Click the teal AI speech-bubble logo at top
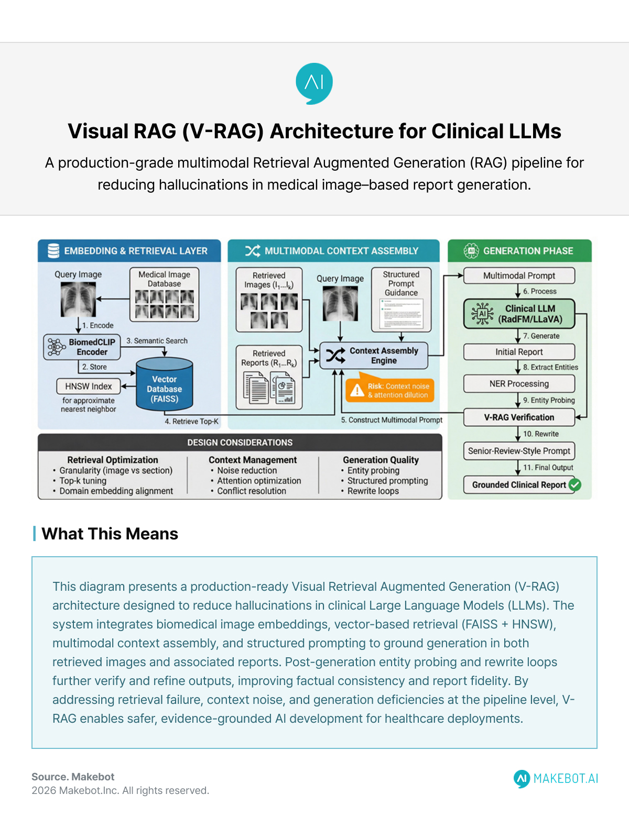pos(314,83)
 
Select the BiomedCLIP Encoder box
pos(82,347)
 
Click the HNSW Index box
pos(88,386)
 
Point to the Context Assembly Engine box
pos(374,356)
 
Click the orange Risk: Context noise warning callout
pos(390,390)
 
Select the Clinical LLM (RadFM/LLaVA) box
pos(519,314)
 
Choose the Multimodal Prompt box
pos(519,275)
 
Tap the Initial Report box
pos(519,352)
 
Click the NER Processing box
pos(519,384)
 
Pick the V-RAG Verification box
pos(519,417)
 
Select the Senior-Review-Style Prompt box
pos(519,451)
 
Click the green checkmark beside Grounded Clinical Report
pos(575,484)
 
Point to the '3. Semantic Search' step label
pos(157,340)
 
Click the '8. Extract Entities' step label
pos(550,367)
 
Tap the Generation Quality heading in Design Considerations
pos(381,460)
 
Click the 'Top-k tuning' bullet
pos(83,481)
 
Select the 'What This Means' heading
pos(110,534)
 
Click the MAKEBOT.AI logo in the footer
pos(556,779)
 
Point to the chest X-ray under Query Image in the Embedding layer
pos(78,299)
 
